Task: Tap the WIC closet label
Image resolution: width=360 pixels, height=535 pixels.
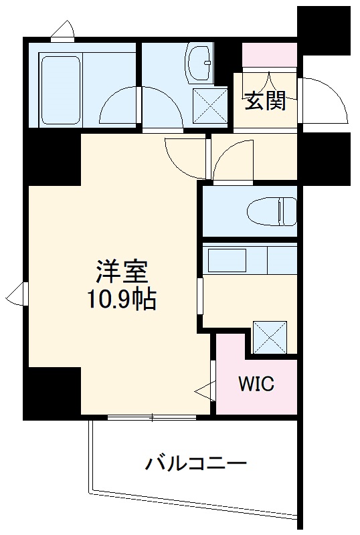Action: click(256, 385)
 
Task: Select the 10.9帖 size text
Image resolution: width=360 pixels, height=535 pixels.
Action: click(120, 300)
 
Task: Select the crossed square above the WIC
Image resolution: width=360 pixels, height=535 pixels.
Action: click(270, 337)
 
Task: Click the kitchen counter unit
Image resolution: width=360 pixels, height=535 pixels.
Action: click(249, 257)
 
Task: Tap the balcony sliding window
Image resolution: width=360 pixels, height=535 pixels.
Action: click(152, 418)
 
